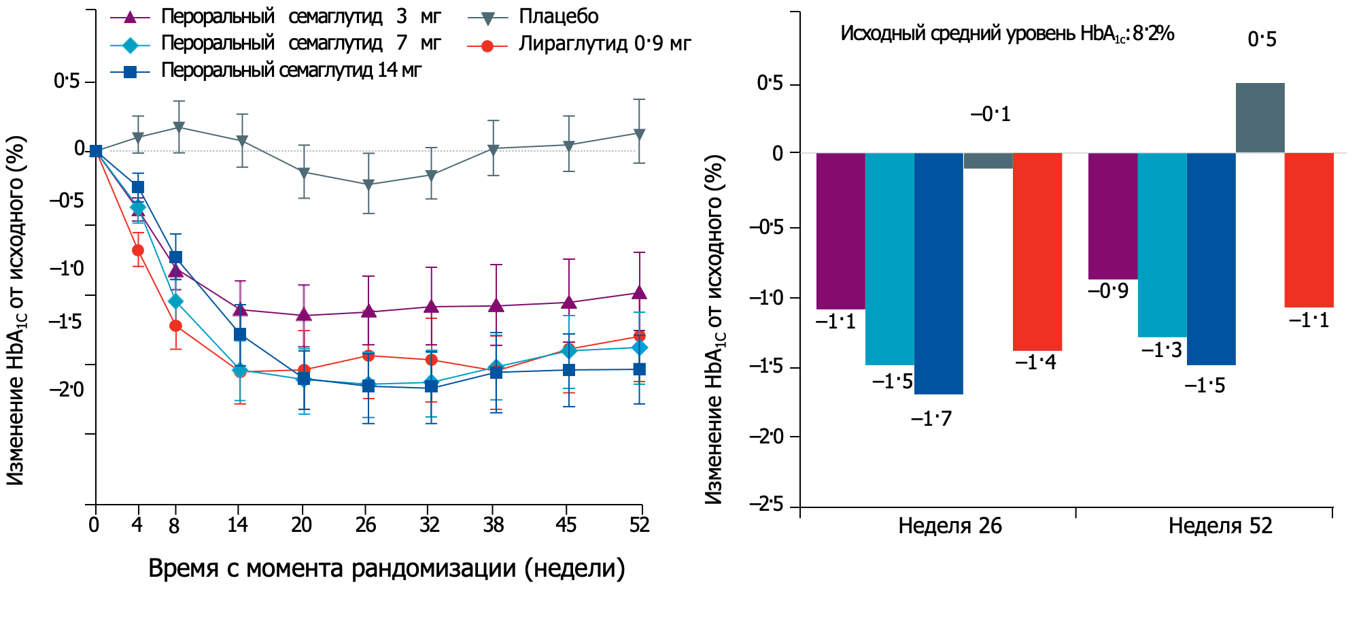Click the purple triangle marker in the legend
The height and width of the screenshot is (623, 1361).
(130, 17)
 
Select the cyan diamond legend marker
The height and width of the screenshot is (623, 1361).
(130, 46)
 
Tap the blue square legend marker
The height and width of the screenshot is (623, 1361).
(130, 72)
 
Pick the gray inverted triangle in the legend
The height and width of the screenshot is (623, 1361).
(487, 18)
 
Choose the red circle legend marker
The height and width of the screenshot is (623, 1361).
(487, 46)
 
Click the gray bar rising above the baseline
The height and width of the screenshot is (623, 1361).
(1260, 118)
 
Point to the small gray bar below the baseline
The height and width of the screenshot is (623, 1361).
(988, 161)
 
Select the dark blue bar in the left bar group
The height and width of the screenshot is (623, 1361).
(938, 273)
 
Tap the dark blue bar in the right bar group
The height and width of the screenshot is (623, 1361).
(1211, 258)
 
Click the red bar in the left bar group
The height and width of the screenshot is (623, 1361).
(1037, 252)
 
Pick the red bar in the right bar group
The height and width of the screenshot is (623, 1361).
(1309, 231)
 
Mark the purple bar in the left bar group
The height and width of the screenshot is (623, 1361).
(840, 231)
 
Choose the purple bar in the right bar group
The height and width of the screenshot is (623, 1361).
(1113, 216)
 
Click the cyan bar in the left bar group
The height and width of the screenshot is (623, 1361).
(889, 258)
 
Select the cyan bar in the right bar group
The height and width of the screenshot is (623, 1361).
(1162, 245)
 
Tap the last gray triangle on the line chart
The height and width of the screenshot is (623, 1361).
(639, 134)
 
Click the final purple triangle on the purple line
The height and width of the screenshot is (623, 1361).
(639, 293)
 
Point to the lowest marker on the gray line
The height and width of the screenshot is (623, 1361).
(368, 184)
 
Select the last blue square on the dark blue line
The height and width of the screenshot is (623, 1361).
(639, 369)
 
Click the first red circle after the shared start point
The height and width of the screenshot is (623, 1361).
(138, 250)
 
